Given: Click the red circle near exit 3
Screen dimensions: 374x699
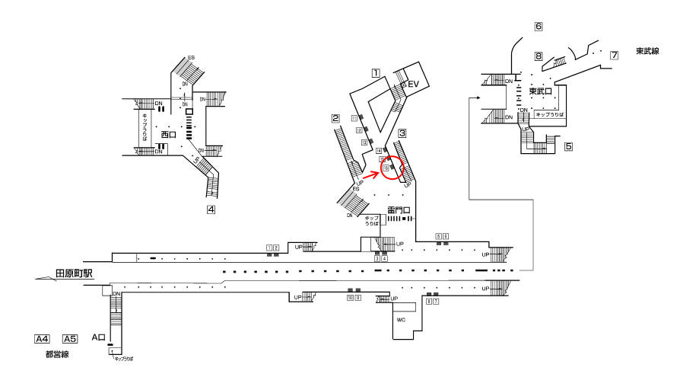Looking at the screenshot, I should coord(392,168).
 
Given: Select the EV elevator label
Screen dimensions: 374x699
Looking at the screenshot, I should coord(414,84).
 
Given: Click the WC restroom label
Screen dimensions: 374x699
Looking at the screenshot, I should coord(402,320).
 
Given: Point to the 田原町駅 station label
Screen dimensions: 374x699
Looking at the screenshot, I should coord(74,272).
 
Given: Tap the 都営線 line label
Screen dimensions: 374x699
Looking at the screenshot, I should coord(57,355).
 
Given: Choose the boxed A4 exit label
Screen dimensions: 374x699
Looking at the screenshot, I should coord(43,338).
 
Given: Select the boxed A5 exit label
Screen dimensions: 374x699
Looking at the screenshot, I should coord(70,338).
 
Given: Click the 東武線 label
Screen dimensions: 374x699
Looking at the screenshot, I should coord(647,51).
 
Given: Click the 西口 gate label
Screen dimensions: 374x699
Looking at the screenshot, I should coord(168,135).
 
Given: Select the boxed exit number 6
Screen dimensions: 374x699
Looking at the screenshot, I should coord(539,27).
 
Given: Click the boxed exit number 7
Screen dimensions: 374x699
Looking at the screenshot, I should coord(614,55).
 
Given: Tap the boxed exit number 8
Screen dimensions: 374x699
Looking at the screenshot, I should coord(538,56).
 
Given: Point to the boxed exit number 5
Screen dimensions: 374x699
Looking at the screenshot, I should coord(568,145).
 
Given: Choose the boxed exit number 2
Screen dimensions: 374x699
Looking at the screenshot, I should coord(335,118).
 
